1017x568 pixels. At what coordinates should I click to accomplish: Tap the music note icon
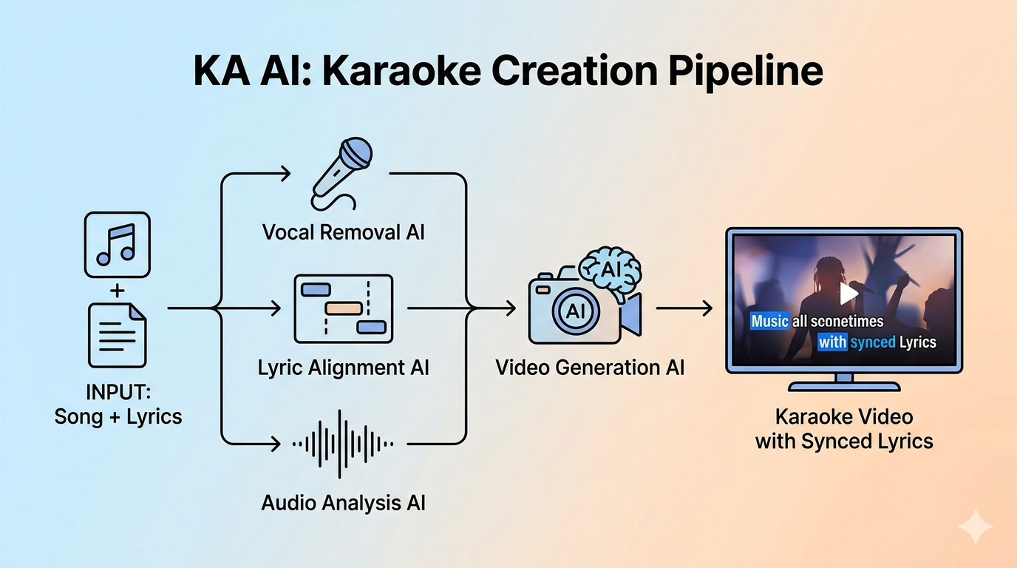[117, 245]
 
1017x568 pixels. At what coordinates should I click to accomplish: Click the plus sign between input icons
[117, 291]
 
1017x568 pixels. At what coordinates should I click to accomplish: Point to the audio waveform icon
[342, 444]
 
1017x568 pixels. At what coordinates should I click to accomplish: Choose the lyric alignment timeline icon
[343, 308]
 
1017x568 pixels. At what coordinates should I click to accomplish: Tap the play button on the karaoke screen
[848, 294]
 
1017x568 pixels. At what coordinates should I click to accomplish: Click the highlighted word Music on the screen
[769, 321]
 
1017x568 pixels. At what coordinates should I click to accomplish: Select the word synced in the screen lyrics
[872, 342]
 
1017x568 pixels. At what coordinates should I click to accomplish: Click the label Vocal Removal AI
[343, 232]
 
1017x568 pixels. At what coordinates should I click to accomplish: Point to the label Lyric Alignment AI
[343, 368]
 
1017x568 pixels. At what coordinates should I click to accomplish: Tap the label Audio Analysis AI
[343, 503]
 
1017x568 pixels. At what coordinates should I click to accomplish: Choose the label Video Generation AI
[590, 368]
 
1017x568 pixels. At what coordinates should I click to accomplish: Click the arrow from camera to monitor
[684, 308]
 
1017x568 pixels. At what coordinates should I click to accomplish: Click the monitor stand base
[844, 385]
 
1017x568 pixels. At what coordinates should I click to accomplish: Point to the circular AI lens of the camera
[575, 311]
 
